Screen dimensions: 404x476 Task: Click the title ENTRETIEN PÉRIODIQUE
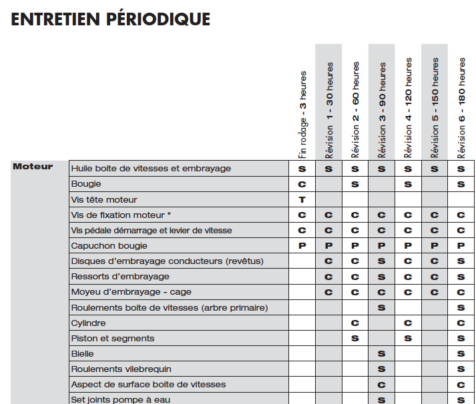tap(111, 19)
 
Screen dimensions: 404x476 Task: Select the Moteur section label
tap(32, 167)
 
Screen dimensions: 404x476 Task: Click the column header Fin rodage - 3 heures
tap(302, 114)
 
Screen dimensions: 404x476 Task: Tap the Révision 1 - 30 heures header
tap(328, 109)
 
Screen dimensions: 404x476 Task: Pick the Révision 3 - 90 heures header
tap(382, 109)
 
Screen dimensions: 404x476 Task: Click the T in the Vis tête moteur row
tap(302, 199)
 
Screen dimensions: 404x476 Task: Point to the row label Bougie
tap(86, 184)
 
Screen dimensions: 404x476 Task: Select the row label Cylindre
tap(89, 323)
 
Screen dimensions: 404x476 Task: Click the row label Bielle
tap(83, 354)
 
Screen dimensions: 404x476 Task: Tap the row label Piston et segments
tap(113, 339)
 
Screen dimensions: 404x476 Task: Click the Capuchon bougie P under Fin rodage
tap(302, 246)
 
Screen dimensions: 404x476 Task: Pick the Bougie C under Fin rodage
tap(302, 184)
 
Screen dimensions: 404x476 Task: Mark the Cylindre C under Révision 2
tap(355, 323)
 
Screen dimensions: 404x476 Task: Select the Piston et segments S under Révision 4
tap(408, 339)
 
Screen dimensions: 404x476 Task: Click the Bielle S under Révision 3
tap(382, 354)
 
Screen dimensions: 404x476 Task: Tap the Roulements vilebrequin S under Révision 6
tap(461, 369)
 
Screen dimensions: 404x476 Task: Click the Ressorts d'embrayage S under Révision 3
tap(382, 277)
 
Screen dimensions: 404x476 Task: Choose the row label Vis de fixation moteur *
tap(121, 215)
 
